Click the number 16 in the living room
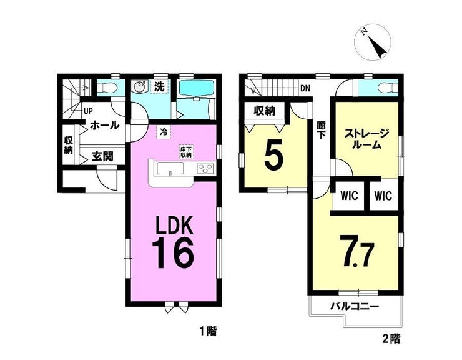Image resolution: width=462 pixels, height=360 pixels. pos(174,253)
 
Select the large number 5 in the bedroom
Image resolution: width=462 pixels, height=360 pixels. pos(273,157)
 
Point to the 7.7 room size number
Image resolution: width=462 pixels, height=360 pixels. pos(357,251)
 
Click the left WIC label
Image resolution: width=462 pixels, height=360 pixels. pos(349,196)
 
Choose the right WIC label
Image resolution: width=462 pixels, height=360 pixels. pos(383,196)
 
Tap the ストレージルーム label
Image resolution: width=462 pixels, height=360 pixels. pos(367,139)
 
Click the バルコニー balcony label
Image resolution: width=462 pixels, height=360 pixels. pos(354,307)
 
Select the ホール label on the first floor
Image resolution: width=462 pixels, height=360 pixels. pos(105,126)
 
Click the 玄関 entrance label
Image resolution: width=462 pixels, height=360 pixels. pos(102,156)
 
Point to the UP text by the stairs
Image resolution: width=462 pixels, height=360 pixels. pos(88,111)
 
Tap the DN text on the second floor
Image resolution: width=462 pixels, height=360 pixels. pos(305,88)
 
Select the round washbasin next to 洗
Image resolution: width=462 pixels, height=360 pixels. pos(139,87)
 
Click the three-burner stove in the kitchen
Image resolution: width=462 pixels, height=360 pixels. pos(205,169)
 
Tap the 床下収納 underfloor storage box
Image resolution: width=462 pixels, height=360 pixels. pos(186,152)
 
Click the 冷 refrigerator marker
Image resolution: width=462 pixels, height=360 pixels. pos(164,132)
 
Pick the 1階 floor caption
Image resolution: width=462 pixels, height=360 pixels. pos(209,331)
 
